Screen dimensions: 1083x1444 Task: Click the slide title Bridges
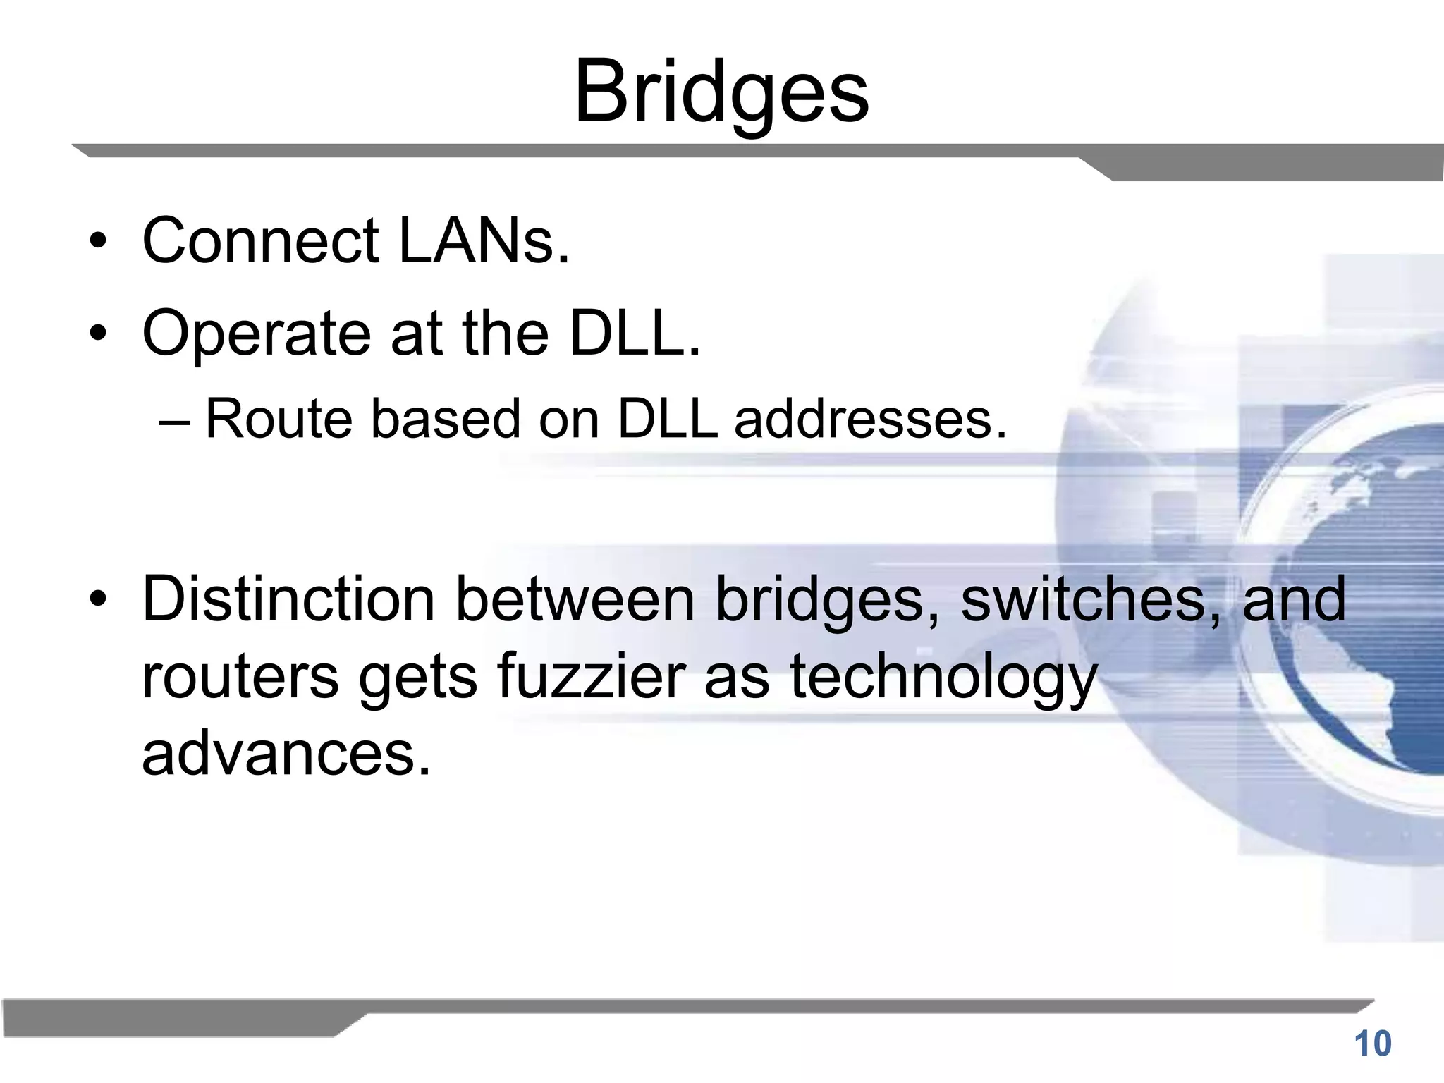click(x=721, y=92)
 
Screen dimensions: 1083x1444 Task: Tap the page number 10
click(x=1372, y=1044)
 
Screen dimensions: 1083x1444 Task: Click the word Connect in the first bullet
click(x=261, y=241)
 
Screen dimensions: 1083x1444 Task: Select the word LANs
click(x=484, y=241)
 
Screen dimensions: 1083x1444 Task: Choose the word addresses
click(x=870, y=420)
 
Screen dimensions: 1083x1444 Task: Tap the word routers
click(x=240, y=677)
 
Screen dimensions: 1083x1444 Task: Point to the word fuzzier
click(x=592, y=677)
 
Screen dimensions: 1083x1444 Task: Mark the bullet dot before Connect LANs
click(x=98, y=242)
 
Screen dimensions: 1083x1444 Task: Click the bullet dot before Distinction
click(x=98, y=600)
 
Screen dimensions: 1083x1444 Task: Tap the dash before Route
click(x=174, y=421)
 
